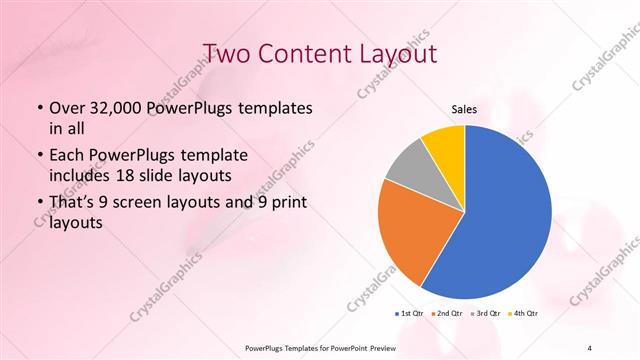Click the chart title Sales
pyautogui.click(x=464, y=108)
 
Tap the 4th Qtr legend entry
pyautogui.click(x=523, y=313)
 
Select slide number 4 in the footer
pyautogui.click(x=590, y=347)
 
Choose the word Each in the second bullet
pyautogui.click(x=67, y=157)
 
